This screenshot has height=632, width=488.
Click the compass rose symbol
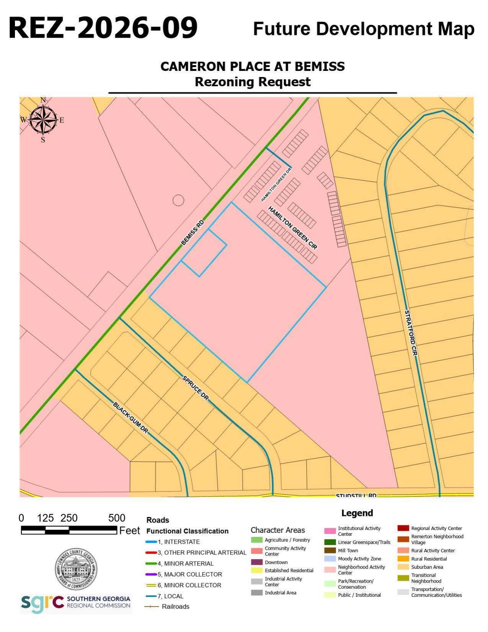pyautogui.click(x=43, y=120)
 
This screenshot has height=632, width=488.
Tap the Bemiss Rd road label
pyautogui.click(x=193, y=232)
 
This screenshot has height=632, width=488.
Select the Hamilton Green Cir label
pyautogui.click(x=293, y=228)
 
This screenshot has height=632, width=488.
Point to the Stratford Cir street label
pyautogui.click(x=410, y=333)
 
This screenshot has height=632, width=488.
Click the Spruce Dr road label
pyautogui.click(x=196, y=388)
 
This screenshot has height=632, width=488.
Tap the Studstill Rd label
pyautogui.click(x=356, y=495)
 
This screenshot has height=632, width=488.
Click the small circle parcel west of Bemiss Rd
pyautogui.click(x=178, y=200)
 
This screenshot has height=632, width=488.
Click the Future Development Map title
pyautogui.click(x=364, y=29)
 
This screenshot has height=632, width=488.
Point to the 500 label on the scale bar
pyautogui.click(x=117, y=518)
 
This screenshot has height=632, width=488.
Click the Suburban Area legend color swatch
pyautogui.click(x=403, y=567)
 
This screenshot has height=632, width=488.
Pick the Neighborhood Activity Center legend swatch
pyautogui.click(x=330, y=570)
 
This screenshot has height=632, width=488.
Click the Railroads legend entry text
pyautogui.click(x=175, y=606)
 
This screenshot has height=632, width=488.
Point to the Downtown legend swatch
pyautogui.click(x=257, y=562)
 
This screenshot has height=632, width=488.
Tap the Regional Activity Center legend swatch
pyautogui.click(x=403, y=528)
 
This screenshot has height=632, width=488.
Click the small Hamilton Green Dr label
pyautogui.click(x=276, y=184)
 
